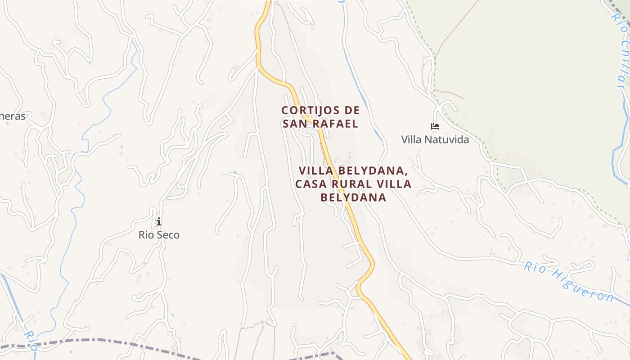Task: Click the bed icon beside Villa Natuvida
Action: [x=435, y=126]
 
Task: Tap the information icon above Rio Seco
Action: [x=158, y=221]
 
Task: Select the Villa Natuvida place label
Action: [x=435, y=139]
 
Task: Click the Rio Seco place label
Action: [x=159, y=234]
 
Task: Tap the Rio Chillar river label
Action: [x=620, y=49]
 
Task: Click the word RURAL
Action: [x=351, y=184]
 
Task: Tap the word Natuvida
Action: [x=446, y=139]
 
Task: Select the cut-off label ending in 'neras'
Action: [x=13, y=116]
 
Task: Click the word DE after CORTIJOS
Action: [x=352, y=110]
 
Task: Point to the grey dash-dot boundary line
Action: [x=112, y=342]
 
